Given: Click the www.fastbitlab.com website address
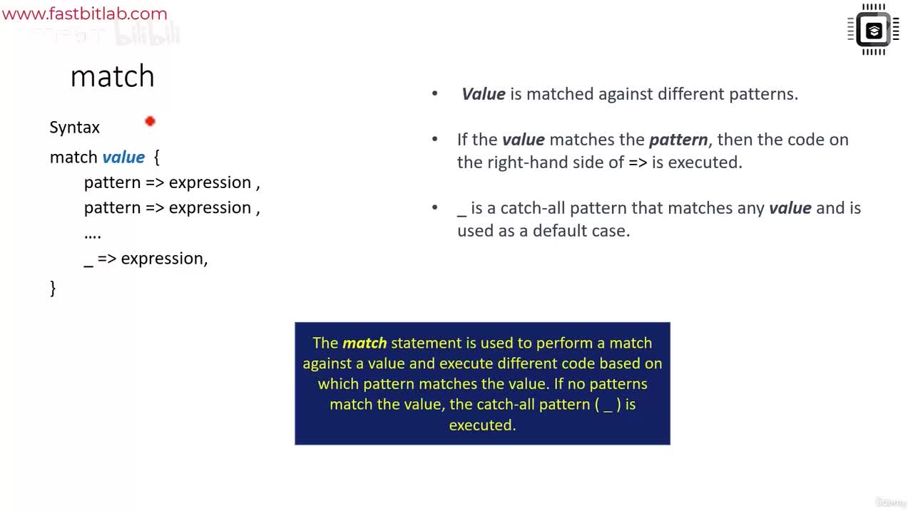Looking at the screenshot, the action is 85,14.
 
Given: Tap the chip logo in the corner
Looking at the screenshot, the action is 873,30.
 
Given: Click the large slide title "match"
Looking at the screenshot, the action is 113,76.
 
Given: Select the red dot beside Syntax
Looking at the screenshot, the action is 150,121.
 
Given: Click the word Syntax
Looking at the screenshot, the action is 75,128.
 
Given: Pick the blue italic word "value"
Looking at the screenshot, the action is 123,157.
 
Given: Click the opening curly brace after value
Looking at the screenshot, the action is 156,157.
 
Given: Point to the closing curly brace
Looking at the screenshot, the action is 53,289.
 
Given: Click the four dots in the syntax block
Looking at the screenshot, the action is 93,236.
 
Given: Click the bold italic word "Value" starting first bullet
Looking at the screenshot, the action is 484,94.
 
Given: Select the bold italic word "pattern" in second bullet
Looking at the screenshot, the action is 678,140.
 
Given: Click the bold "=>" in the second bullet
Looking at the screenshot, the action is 638,162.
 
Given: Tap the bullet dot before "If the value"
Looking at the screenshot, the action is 435,139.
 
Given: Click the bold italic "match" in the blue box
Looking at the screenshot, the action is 364,343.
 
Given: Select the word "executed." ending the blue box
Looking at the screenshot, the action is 482,425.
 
